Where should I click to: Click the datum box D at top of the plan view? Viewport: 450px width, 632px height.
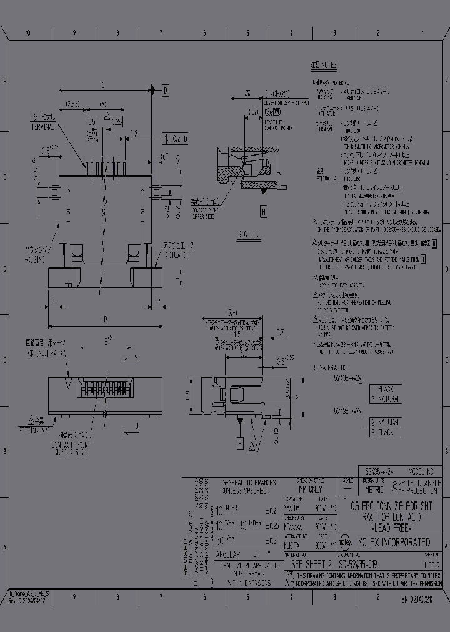click(x=166, y=91)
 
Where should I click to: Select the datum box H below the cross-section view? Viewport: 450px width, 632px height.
click(x=240, y=443)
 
